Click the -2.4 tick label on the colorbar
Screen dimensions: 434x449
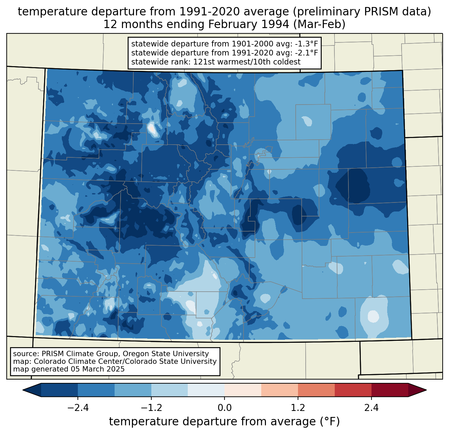click(78, 408)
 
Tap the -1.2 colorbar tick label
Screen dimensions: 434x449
click(151, 408)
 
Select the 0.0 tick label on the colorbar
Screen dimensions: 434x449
click(224, 408)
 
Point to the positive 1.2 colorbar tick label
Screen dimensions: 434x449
click(298, 408)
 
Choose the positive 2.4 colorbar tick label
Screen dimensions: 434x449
click(371, 408)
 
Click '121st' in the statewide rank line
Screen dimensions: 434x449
click(204, 62)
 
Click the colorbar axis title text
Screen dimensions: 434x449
click(224, 422)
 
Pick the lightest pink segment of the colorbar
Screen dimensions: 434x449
click(243, 390)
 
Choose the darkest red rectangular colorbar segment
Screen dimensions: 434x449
click(390, 390)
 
